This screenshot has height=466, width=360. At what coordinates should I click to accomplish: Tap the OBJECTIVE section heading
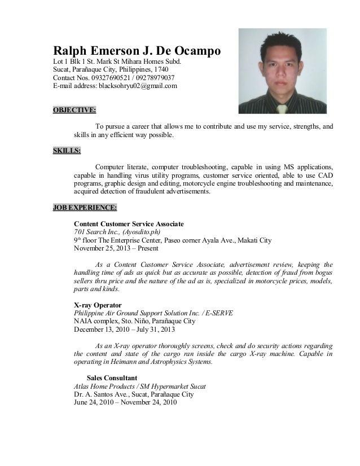point(73,109)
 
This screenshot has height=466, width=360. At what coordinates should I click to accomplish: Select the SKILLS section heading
point(67,151)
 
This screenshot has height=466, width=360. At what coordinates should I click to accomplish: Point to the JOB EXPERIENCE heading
point(85,208)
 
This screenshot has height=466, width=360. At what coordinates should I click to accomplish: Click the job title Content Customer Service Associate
point(129,224)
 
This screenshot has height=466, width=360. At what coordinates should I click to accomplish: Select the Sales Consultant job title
point(112,378)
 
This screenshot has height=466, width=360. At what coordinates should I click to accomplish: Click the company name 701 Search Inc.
point(94,232)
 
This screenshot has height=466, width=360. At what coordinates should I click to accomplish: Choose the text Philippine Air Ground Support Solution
point(139,313)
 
